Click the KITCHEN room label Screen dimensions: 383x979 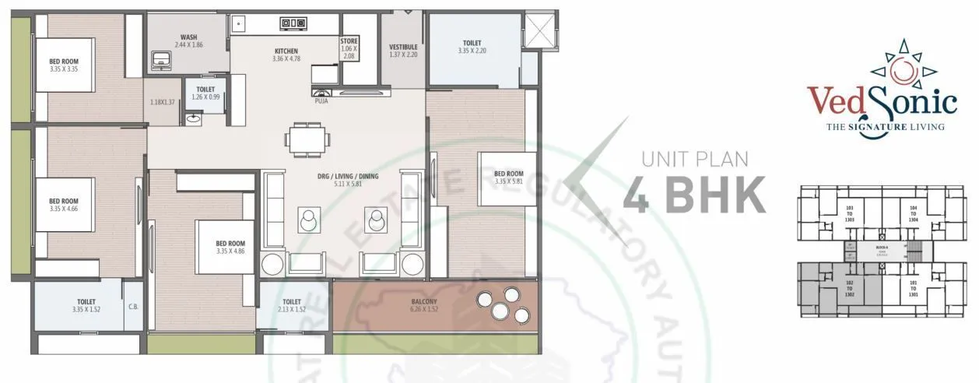(286, 51)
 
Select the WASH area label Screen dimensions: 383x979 (188, 37)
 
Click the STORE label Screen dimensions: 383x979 (349, 41)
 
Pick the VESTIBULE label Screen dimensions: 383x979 (403, 47)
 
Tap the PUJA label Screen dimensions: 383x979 (321, 100)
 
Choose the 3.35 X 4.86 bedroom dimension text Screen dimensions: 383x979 (230, 252)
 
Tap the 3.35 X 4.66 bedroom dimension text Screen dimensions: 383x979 (64, 209)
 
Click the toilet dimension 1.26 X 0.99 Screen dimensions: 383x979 (205, 98)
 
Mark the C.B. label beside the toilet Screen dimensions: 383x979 (133, 306)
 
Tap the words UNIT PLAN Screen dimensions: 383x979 (694, 160)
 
